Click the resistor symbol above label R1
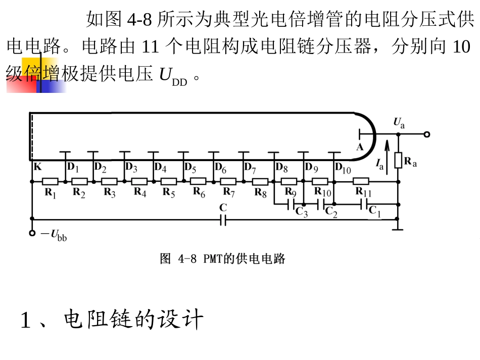tap(50, 182)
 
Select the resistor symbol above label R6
tap(198, 181)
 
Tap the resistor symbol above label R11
tap(361, 181)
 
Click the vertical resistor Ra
tap(398, 161)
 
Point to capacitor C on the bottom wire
tap(223, 219)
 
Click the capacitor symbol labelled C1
tap(364, 204)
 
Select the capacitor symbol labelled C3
tap(291, 204)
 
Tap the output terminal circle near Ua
tap(427, 134)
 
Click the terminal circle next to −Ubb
tap(32, 233)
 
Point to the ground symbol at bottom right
tap(397, 227)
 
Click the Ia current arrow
tap(387, 157)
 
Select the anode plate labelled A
tap(360, 134)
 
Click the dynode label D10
tap(343, 168)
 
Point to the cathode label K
tap(38, 167)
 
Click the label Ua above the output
tap(399, 123)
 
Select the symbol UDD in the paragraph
tap(173, 76)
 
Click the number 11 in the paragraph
tap(150, 46)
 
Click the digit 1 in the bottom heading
tap(25, 320)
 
